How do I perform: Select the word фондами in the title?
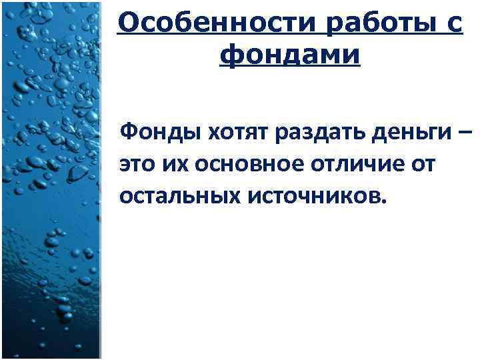click(x=289, y=55)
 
